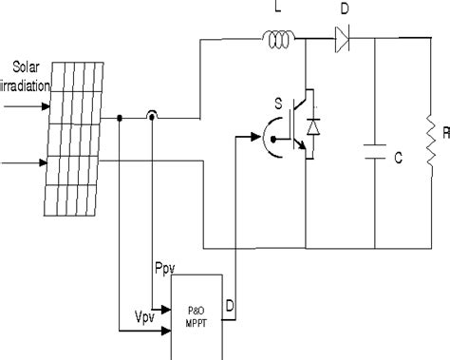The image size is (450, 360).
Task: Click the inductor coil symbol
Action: click(x=278, y=39)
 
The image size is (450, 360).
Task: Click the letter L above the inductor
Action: click(x=277, y=9)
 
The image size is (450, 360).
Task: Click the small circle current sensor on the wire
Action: click(x=152, y=119)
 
